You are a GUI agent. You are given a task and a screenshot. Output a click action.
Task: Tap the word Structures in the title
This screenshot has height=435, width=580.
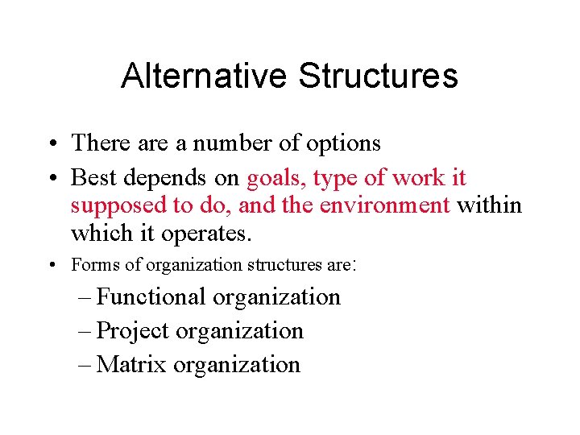[378, 77]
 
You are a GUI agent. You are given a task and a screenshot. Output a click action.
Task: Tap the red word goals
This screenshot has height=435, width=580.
[276, 178]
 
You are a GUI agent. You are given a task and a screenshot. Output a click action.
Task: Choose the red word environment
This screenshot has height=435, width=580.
[384, 205]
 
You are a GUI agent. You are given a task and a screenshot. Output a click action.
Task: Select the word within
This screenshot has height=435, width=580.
[490, 205]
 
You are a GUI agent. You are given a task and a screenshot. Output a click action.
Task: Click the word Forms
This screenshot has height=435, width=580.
[90, 264]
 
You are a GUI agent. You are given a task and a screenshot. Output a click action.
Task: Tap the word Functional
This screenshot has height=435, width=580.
[151, 296]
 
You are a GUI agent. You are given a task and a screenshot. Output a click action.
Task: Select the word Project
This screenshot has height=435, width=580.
[132, 330]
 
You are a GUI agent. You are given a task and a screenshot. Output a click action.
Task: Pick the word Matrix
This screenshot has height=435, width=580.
[131, 364]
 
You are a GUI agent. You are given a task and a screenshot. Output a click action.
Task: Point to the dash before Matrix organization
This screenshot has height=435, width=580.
[85, 365]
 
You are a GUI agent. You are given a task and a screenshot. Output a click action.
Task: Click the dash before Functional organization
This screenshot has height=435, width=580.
[85, 297]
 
